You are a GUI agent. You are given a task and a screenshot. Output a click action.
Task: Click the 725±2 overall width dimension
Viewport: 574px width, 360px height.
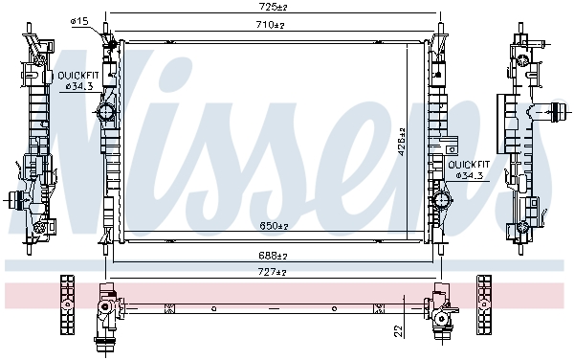[x=274, y=8]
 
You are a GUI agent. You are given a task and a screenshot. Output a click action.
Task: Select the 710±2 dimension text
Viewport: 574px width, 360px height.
[x=274, y=25]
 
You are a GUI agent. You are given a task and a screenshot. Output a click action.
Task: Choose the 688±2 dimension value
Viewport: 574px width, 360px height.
[x=275, y=256]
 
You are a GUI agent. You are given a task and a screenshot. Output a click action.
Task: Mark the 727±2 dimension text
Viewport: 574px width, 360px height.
[x=275, y=273]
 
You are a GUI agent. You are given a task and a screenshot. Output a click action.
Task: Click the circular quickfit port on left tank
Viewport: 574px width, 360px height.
[x=106, y=113]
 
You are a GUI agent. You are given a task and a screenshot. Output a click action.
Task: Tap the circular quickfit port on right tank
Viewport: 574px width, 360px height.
[x=441, y=201]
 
